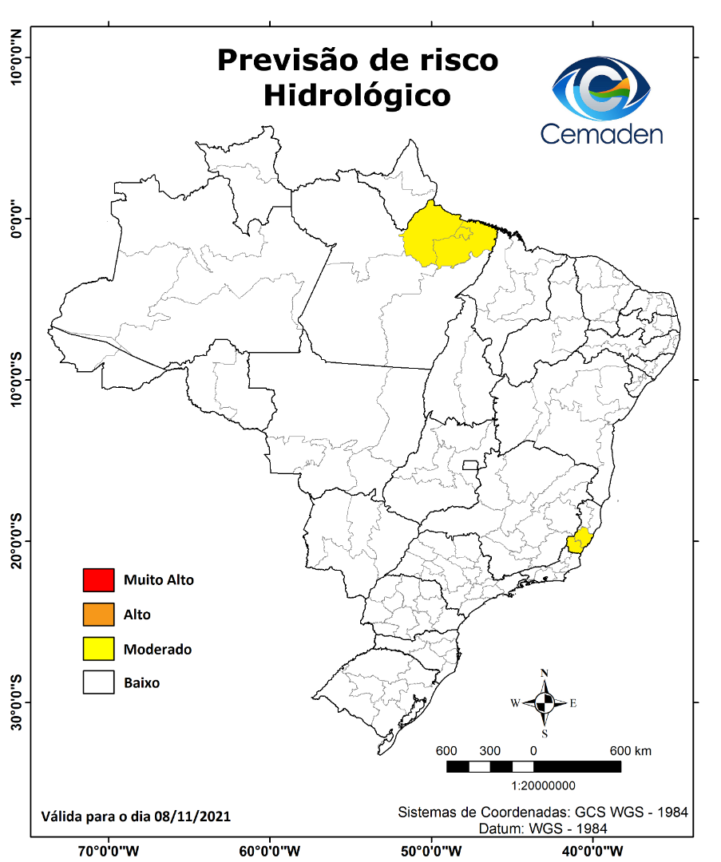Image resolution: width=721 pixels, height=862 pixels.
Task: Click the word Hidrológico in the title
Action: pos(357,95)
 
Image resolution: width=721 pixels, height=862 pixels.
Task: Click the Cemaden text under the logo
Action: pos(601,132)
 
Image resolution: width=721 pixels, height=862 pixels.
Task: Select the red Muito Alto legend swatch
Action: pos(98,580)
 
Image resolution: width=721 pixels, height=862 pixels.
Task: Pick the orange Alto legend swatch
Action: pos(98,615)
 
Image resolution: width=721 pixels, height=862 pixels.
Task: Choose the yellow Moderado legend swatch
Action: pos(98,649)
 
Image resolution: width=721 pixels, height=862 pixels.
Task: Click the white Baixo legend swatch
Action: pos(98,683)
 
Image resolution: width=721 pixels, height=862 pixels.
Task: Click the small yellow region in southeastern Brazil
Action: pos(578,540)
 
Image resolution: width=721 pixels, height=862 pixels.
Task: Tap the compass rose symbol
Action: pos(545,703)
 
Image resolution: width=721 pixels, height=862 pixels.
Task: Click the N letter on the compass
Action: pos(545,673)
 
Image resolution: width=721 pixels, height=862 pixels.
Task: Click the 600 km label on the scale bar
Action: pos(631,751)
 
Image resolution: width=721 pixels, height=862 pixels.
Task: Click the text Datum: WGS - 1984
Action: pos(543,828)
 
